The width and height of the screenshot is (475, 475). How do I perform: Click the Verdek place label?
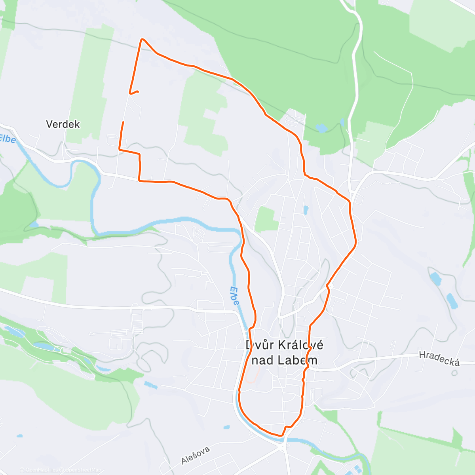63,124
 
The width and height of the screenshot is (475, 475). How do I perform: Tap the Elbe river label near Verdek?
7,139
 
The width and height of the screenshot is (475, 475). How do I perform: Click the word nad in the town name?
263,360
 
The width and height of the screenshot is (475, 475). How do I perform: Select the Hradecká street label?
439,358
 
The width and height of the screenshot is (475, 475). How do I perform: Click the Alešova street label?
196,454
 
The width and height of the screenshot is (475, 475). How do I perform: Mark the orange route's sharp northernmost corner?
142,39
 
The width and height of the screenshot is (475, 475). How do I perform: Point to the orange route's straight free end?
123,122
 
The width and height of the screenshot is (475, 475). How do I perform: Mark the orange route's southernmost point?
281,436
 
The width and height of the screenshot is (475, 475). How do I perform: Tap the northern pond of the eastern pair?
435,278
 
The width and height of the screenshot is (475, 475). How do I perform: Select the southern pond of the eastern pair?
452,301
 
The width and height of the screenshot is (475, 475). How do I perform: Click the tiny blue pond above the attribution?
20,436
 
